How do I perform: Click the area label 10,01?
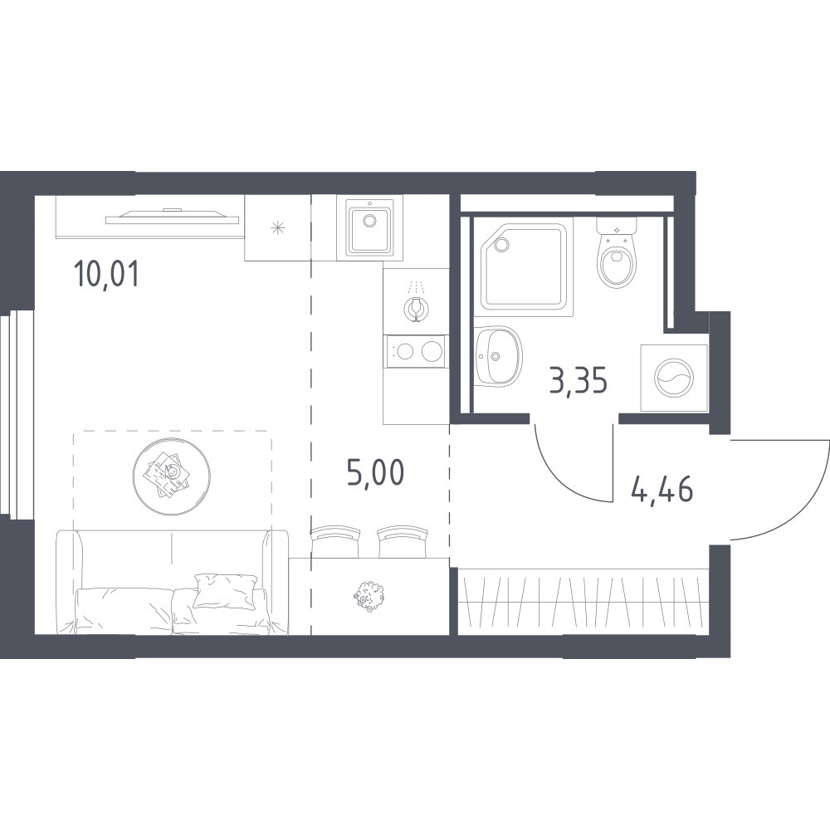tap(107, 274)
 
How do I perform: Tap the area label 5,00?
tap(376, 472)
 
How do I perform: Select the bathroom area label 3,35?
tap(578, 381)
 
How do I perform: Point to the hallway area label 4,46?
tap(662, 489)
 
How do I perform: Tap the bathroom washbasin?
tap(498, 356)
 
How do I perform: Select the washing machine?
tap(674, 378)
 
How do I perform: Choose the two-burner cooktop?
tap(416, 351)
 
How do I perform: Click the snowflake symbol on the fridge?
tap(278, 228)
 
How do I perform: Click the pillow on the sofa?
tap(227, 589)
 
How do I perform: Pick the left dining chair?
tap(335, 541)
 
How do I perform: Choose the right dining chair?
tap(403, 541)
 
